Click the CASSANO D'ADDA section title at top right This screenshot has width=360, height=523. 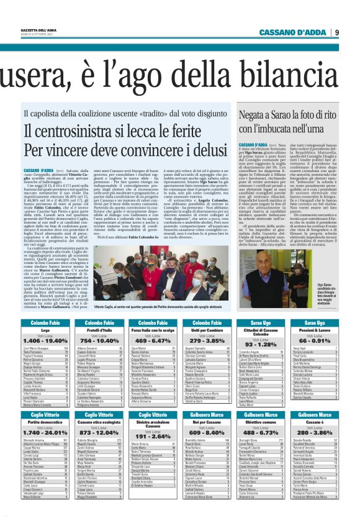click(291, 33)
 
